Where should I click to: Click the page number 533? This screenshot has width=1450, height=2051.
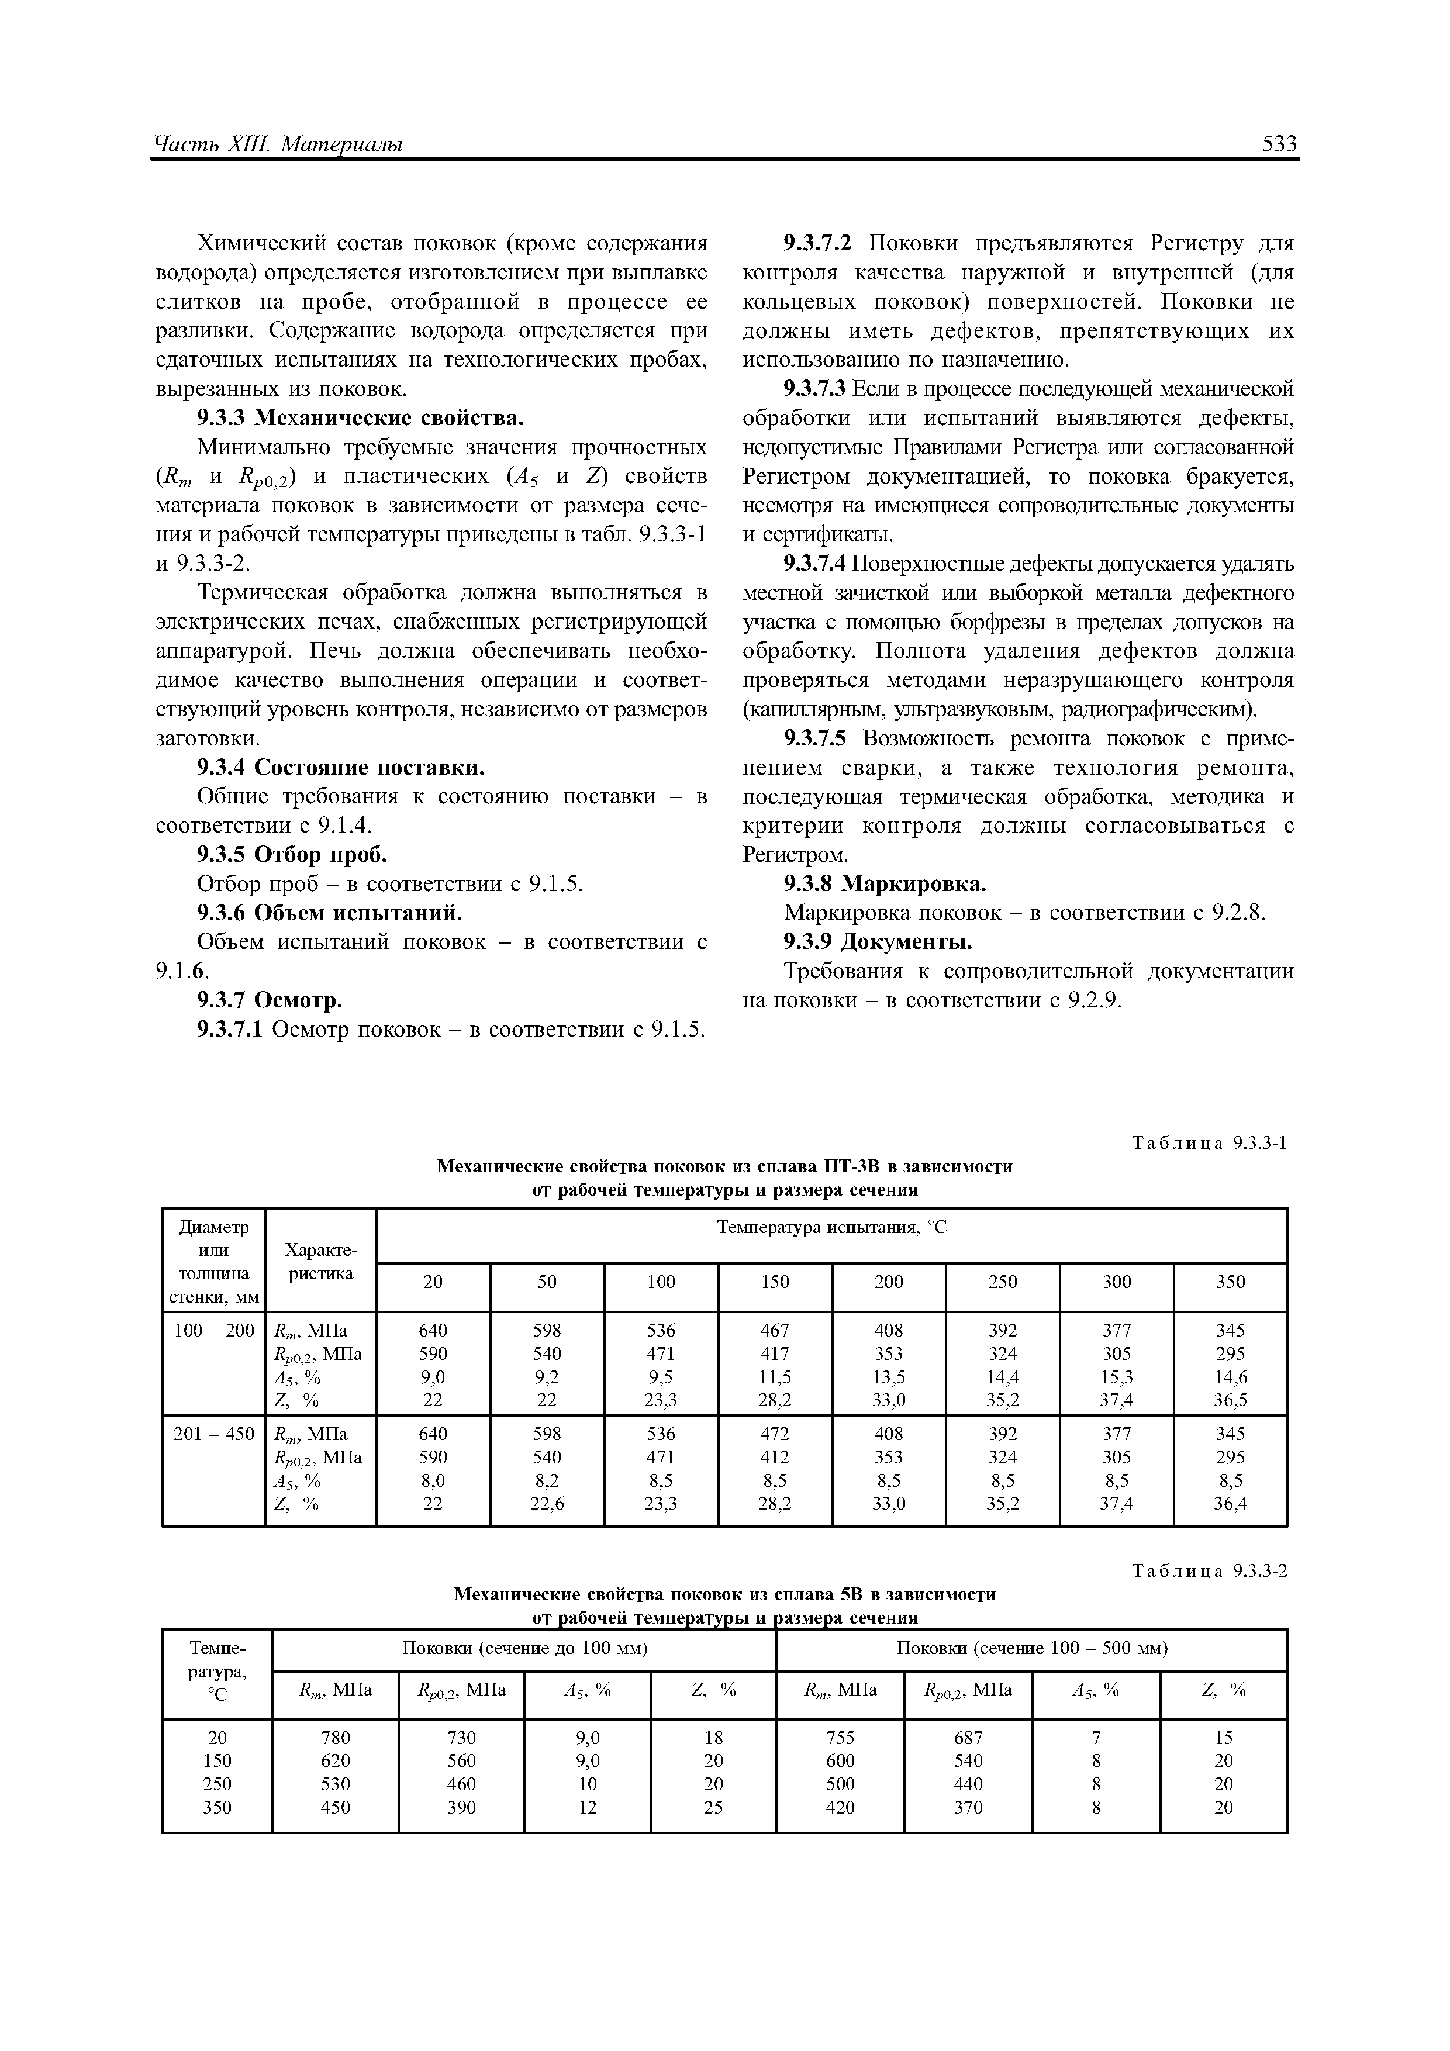pos(1279,144)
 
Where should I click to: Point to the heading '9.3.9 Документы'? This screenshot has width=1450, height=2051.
pos(878,941)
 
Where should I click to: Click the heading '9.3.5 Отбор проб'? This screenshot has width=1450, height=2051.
pos(292,855)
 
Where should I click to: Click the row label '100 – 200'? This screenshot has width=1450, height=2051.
pos(213,1330)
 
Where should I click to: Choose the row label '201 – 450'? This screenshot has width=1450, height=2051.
pos(213,1434)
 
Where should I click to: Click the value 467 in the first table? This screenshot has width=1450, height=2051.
pos(775,1330)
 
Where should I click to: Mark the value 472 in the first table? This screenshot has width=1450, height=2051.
pos(775,1434)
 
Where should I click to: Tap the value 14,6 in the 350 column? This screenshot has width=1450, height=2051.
pos(1230,1376)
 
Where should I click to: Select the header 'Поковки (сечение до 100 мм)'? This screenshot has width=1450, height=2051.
pos(524,1647)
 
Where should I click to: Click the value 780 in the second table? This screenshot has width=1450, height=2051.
pos(335,1738)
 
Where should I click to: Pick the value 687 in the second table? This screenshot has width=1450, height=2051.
pos(968,1738)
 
